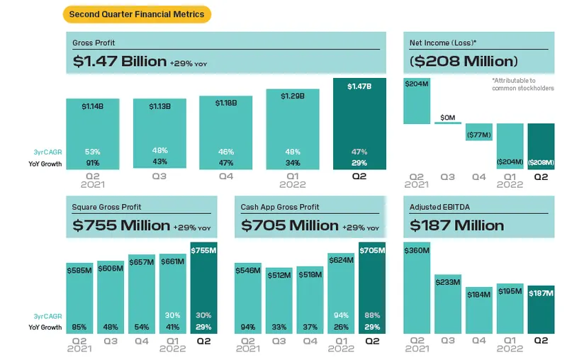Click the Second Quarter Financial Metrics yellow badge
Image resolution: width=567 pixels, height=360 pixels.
(136, 13)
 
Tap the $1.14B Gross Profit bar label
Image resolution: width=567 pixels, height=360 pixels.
(92, 106)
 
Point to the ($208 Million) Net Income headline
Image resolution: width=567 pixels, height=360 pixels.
(464, 62)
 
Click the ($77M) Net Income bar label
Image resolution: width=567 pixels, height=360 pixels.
(479, 133)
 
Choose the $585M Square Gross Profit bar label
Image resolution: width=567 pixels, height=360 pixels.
(79, 270)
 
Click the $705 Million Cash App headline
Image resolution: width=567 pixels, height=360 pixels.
(290, 226)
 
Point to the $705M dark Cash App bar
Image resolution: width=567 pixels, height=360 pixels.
(372, 287)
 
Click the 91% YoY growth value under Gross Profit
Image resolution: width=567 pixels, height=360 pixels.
(92, 164)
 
